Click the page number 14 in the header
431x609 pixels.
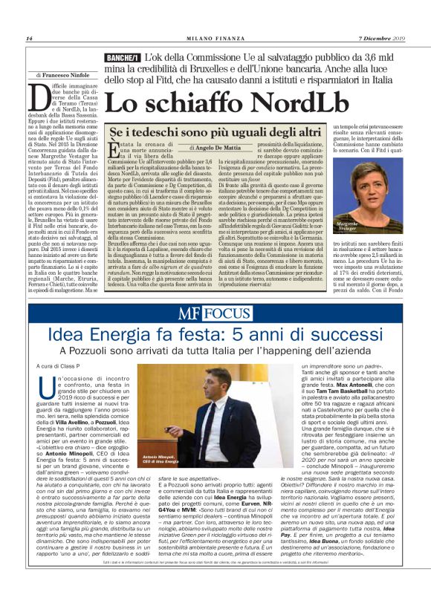[x=29, y=39]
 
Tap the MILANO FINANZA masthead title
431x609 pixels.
[x=215, y=39]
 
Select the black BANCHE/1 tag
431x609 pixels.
[x=123, y=58]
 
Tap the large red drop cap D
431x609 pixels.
[x=39, y=97]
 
